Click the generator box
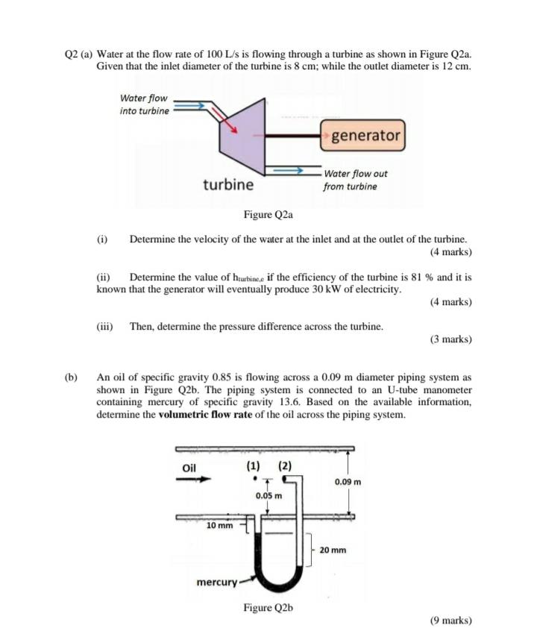click(364, 136)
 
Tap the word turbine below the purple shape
click(227, 183)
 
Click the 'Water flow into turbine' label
click(144, 104)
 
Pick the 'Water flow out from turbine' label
click(355, 180)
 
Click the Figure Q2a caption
click(268, 215)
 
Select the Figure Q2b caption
click(268, 607)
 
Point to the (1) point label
click(254, 466)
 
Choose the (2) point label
click(285, 466)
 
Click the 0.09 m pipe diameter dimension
click(348, 482)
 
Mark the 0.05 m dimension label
click(269, 495)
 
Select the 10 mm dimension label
click(219, 525)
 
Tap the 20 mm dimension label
click(333, 550)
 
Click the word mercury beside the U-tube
click(216, 581)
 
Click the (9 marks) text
click(451, 620)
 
